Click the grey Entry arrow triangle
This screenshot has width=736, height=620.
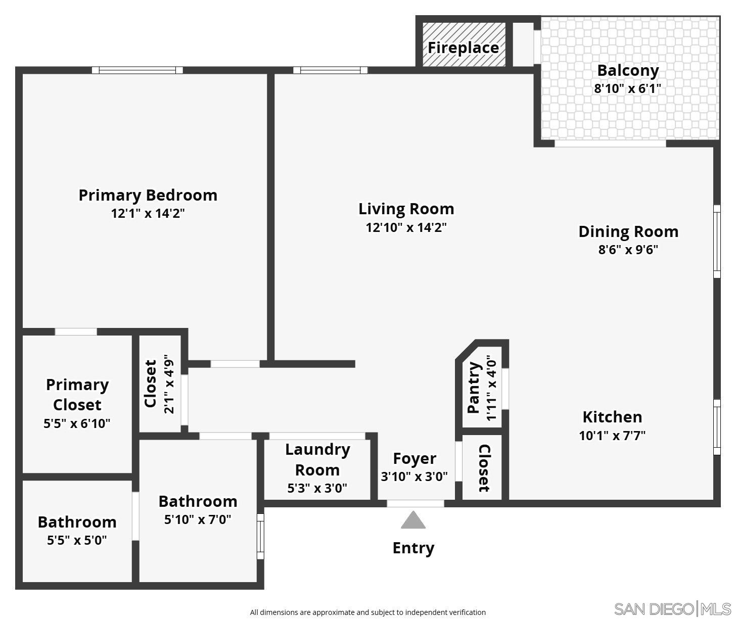[x=413, y=520]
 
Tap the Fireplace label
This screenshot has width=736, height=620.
[x=463, y=47]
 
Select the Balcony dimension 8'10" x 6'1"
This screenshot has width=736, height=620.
[x=627, y=88]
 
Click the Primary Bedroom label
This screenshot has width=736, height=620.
[x=148, y=195]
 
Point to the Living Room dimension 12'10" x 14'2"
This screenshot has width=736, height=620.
[x=406, y=227]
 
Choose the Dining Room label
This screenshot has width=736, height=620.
[x=628, y=231]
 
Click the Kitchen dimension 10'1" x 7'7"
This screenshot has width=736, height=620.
[x=612, y=435]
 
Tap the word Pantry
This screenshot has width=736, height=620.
[x=474, y=388]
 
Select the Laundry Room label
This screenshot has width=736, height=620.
[x=317, y=459]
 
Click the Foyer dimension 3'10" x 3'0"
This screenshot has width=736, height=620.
[x=414, y=476]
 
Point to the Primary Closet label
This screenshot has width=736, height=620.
[x=77, y=395]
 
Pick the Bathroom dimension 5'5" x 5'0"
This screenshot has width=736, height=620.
[x=77, y=540]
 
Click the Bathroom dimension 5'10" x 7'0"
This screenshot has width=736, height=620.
[x=198, y=519]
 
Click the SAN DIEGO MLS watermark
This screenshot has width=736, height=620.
[x=672, y=608]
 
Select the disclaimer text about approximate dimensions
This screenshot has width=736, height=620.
[x=367, y=612]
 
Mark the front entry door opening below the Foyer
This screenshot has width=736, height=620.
[x=415, y=503]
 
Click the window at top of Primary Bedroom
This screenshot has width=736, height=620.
[x=137, y=70]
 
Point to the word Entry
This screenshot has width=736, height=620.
[x=413, y=548]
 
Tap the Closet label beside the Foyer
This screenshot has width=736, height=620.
[x=483, y=468]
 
